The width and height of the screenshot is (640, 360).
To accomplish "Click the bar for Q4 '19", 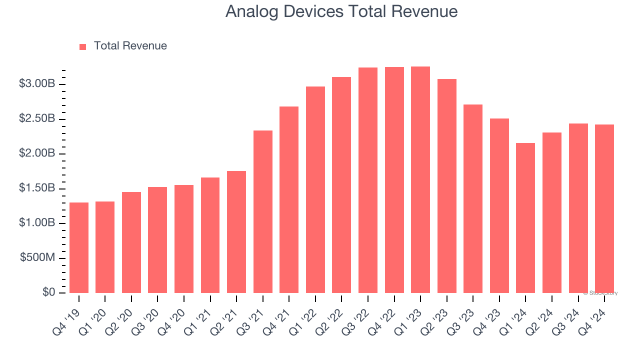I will (79, 247).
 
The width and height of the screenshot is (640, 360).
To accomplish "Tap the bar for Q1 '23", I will (420, 179).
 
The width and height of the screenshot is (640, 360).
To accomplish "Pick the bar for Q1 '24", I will (525, 218).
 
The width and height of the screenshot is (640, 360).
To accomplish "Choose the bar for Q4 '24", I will (604, 208).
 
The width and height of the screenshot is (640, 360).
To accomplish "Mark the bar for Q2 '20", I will (131, 242).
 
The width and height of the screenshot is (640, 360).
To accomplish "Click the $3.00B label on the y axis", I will (36, 84).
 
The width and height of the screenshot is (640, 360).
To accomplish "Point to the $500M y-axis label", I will (37, 258).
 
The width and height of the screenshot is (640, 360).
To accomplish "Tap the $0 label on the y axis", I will (48, 292).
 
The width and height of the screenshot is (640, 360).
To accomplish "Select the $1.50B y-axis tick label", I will (36, 188).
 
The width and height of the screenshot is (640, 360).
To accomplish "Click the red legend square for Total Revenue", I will (82, 47).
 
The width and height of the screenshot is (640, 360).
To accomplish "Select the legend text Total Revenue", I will (130, 46).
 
